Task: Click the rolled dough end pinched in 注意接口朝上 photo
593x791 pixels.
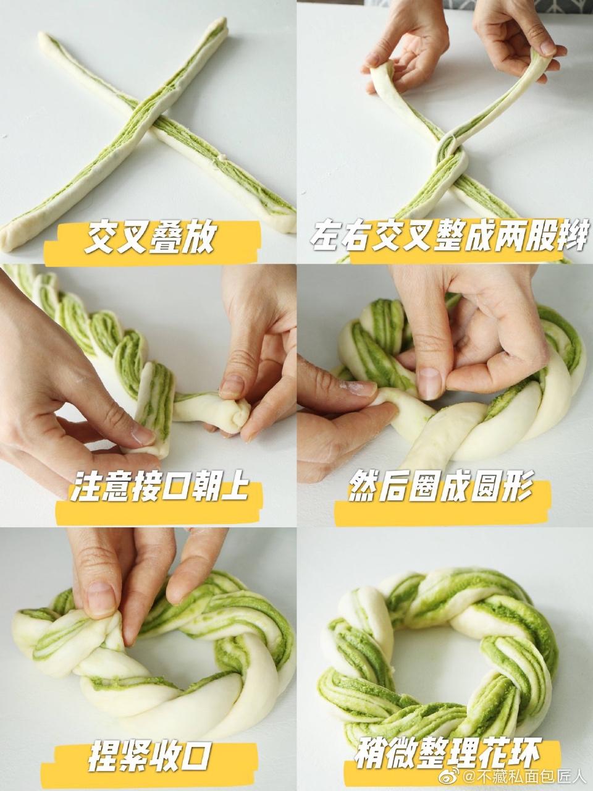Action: point(236,415)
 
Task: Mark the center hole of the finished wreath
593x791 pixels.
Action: point(440,649)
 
